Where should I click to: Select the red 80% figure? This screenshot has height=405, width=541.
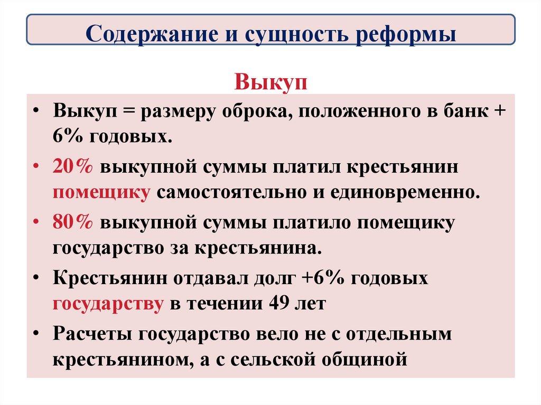pos(73,222)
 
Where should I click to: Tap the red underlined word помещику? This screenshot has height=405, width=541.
pos(101,191)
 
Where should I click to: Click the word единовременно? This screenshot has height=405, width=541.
pos(405,191)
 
